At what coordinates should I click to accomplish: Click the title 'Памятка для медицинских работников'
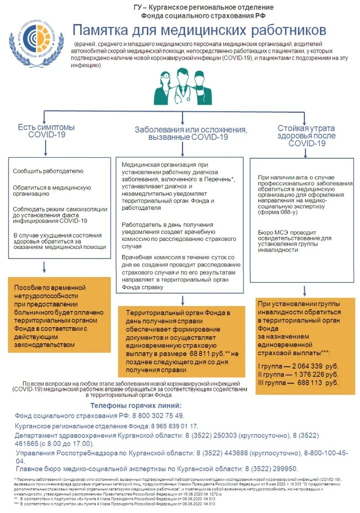tap(200, 30)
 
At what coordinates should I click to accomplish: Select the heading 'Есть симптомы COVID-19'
tap(46, 131)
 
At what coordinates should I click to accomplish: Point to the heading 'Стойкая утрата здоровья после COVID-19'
tap(306, 135)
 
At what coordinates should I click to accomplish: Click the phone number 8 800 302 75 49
tap(158, 416)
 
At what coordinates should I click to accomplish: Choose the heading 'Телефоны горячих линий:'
tap(136, 405)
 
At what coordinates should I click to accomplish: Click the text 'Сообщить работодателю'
tap(48, 171)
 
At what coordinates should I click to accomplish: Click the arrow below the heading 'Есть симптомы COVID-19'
tap(46, 148)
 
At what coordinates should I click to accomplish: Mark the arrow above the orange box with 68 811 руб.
tap(183, 300)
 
